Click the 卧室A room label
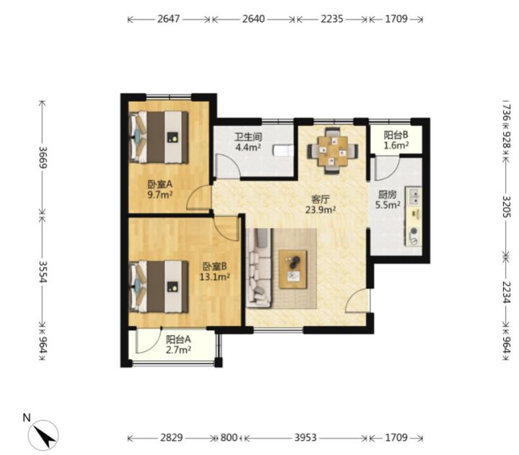click(160, 183)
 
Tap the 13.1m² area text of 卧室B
click(215, 277)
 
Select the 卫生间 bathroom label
click(248, 136)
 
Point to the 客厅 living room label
click(320, 199)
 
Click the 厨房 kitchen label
click(387, 195)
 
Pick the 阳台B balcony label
click(396, 135)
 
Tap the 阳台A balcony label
click(179, 340)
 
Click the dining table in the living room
click(332, 151)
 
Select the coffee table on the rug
click(293, 270)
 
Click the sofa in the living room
click(259, 268)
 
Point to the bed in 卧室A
click(159, 137)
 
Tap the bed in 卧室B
click(159, 287)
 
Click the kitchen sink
click(414, 196)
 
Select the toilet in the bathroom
click(283, 151)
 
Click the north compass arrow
click(46, 436)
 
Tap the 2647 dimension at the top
click(169, 19)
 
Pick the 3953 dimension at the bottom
click(306, 438)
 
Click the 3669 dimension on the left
click(43, 157)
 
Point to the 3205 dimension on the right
click(507, 207)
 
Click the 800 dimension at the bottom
click(229, 438)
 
